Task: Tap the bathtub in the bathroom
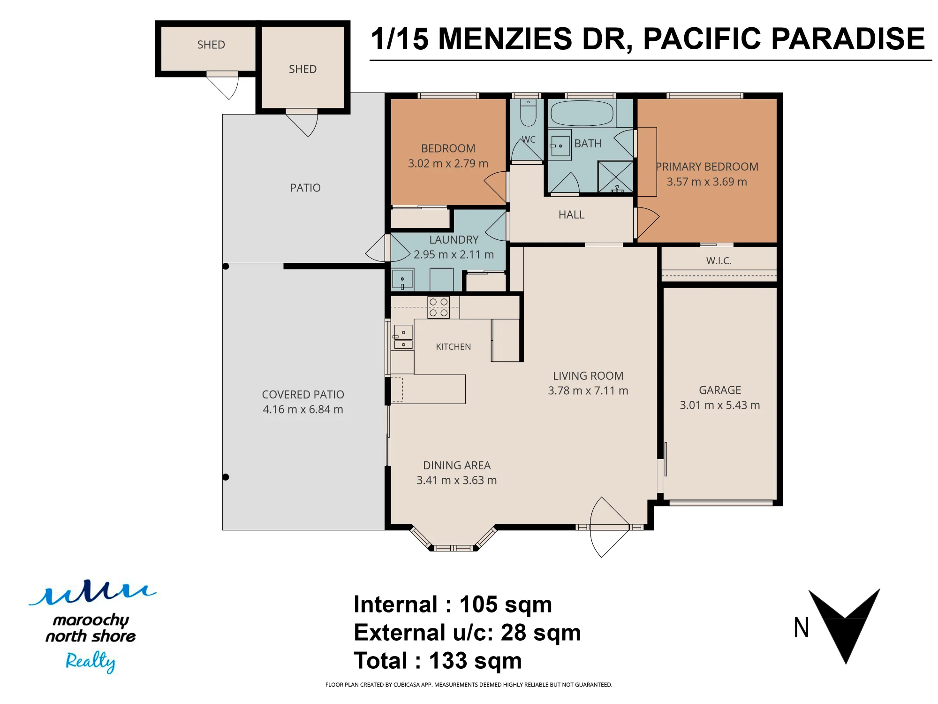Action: click(x=582, y=113)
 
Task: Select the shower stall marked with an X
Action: click(x=616, y=176)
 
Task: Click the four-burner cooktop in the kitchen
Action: click(x=439, y=307)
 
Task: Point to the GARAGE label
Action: click(x=720, y=390)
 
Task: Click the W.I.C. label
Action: click(x=719, y=261)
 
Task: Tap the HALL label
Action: click(x=571, y=214)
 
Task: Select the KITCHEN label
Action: click(x=453, y=347)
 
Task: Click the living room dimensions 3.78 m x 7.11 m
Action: click(x=588, y=390)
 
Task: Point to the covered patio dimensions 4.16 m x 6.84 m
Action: click(x=303, y=409)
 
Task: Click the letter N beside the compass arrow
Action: click(x=802, y=627)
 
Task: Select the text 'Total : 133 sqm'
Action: click(x=438, y=661)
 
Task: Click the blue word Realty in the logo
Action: click(x=90, y=661)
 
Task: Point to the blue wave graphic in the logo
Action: click(x=93, y=593)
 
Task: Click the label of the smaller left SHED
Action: click(x=211, y=45)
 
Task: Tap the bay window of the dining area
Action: click(x=454, y=540)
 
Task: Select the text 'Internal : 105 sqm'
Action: click(x=453, y=604)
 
